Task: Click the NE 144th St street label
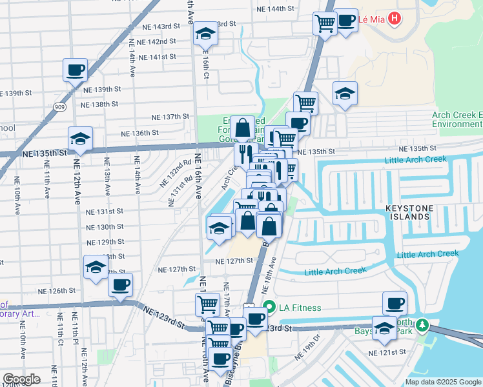click(x=275, y=9)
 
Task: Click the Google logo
click(x=21, y=379)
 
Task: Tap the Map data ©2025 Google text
click(x=442, y=382)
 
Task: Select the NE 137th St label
click(x=170, y=117)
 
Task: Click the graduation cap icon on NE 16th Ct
click(x=206, y=35)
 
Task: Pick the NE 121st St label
click(x=387, y=353)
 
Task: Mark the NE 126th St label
click(x=57, y=290)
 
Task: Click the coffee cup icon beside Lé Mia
click(x=346, y=21)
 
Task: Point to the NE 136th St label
click(x=140, y=134)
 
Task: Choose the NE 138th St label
click(x=100, y=104)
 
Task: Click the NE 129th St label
click(x=106, y=242)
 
